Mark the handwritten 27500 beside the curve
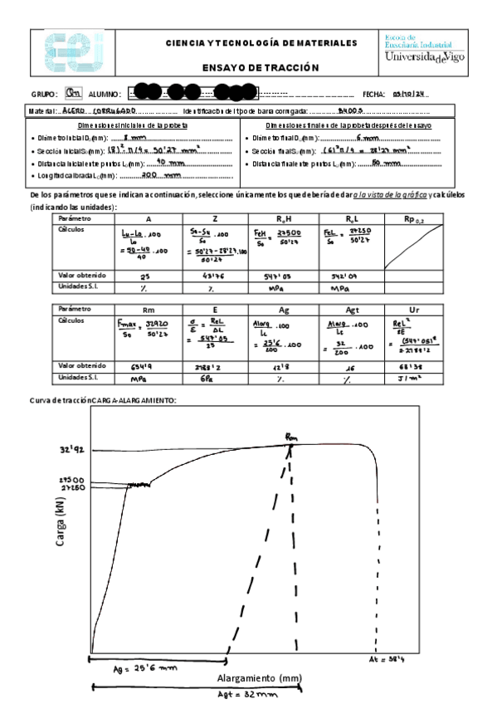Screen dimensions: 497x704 (x=70, y=479)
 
